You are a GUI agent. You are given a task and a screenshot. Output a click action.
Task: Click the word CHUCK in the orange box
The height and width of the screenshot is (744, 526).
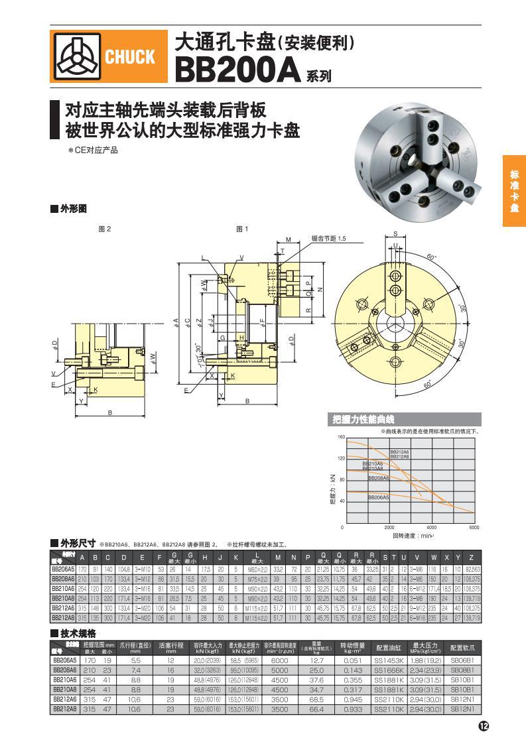pos(129,57)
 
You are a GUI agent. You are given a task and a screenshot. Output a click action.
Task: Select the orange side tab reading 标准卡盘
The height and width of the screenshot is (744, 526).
pos(514,191)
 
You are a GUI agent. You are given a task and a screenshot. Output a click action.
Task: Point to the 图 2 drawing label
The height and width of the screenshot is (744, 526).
pos(105,229)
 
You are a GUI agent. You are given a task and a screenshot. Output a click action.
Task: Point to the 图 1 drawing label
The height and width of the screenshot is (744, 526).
pos(242,229)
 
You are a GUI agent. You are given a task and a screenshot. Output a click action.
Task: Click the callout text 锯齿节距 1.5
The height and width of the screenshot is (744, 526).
pos(329,238)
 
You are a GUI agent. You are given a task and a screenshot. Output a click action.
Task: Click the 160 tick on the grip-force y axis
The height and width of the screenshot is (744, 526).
pos(342,437)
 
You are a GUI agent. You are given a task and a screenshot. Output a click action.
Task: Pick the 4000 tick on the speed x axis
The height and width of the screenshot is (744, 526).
pos(431,528)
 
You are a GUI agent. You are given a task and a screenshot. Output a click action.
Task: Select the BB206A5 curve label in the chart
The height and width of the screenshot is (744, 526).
pos(379,497)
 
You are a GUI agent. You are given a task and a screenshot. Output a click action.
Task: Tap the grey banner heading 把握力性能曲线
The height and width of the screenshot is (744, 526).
pos(363,419)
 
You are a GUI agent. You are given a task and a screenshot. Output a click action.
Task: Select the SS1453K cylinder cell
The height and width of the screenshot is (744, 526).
pos(389,660)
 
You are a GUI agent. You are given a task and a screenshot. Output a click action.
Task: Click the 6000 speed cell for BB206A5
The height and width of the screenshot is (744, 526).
pos(279,660)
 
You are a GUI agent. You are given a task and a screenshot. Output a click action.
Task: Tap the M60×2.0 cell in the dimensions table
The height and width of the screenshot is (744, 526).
pos(255,569)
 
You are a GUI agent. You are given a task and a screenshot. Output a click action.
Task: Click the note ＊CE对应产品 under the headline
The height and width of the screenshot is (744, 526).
pos(92,151)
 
